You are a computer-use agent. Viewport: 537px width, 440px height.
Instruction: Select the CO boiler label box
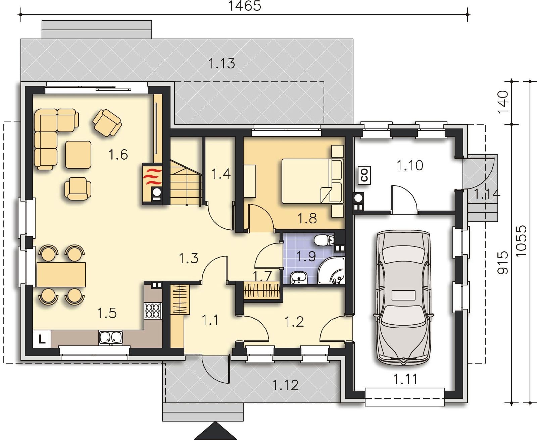pos(364,175)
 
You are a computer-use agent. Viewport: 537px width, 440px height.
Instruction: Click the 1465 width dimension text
pos(245,6)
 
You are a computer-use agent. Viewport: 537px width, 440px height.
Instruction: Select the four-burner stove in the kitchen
pos(153,311)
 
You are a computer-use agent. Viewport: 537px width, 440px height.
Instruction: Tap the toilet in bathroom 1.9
pos(324,240)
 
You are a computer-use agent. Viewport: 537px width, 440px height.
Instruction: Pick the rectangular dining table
pos(61,275)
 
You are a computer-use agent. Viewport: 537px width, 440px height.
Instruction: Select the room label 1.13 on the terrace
pos(222,63)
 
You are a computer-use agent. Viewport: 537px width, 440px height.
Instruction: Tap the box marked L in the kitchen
pos(42,338)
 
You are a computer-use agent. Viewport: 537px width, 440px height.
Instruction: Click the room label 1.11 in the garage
pos(405,379)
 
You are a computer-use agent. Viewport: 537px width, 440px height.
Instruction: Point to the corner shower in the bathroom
pos(331,271)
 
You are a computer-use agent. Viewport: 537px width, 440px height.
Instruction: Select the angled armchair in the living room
pos(107,123)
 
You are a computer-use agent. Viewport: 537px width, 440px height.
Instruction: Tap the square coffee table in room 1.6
pos(78,155)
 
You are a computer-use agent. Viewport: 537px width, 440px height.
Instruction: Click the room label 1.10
pos(410,165)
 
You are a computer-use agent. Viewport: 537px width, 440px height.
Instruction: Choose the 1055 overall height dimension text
pos(521,241)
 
